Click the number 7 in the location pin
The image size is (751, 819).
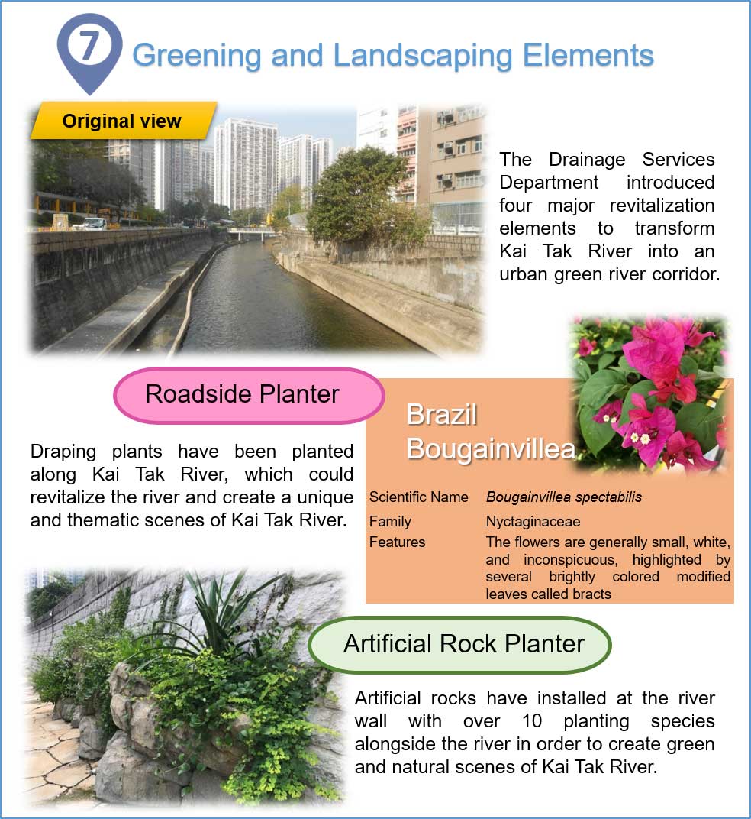click(89, 47)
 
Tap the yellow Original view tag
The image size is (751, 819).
click(122, 121)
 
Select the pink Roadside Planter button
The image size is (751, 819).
click(242, 394)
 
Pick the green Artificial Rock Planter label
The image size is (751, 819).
click(463, 644)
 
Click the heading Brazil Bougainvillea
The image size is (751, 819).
click(488, 432)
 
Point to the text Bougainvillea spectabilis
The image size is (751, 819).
click(563, 497)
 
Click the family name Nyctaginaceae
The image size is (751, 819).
click(533, 522)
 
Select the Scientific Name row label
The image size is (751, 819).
click(418, 497)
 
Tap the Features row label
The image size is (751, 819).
click(397, 542)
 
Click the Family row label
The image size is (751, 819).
click(390, 522)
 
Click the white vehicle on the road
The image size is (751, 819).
click(92, 224)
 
